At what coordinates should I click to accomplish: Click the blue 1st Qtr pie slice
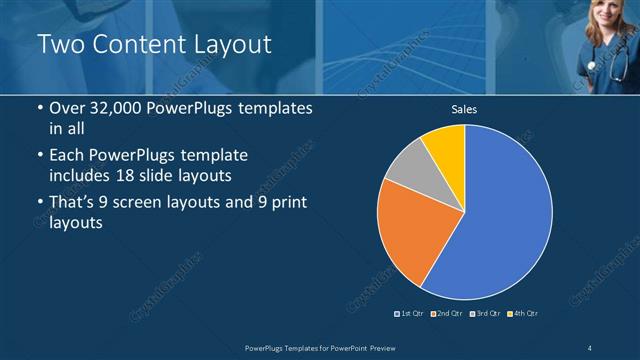tap(505, 215)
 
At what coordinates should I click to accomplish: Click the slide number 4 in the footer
tap(590, 347)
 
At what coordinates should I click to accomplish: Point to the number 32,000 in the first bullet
tap(113, 108)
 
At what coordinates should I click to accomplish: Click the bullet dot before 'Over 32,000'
tap(39, 108)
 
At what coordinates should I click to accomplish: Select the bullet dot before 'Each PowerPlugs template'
tap(39, 156)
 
